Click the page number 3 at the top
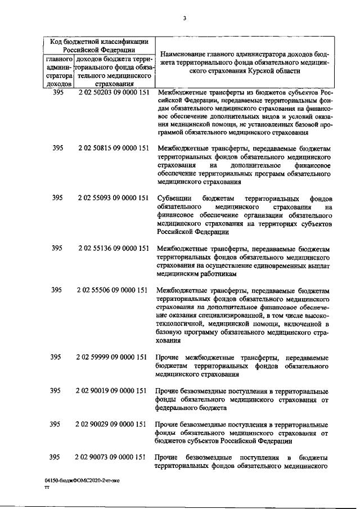click(x=184, y=19)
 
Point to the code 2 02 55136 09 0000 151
click(x=113, y=248)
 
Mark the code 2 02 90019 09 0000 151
click(x=113, y=390)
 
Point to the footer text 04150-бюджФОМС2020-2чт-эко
click(x=82, y=483)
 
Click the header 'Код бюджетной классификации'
click(x=99, y=41)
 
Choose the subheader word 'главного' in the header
click(x=58, y=58)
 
